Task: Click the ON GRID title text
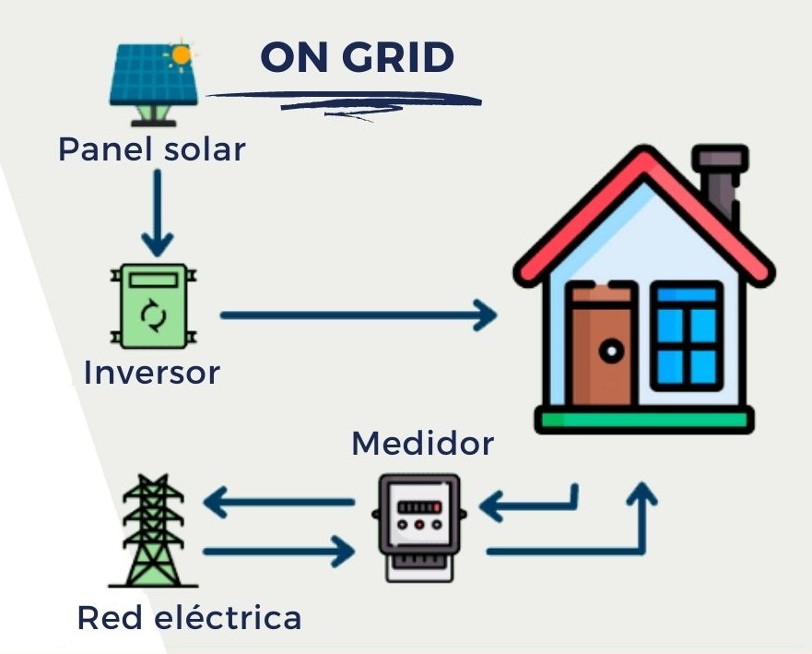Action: [x=358, y=58]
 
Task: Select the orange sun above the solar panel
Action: [x=182, y=54]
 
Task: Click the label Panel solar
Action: [x=152, y=149]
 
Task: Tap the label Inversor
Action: [x=151, y=373]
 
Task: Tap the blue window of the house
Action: [x=686, y=334]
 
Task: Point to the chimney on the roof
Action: [x=720, y=185]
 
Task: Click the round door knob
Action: [x=609, y=351]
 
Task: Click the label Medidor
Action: [x=422, y=444]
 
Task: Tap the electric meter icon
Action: [x=418, y=526]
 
